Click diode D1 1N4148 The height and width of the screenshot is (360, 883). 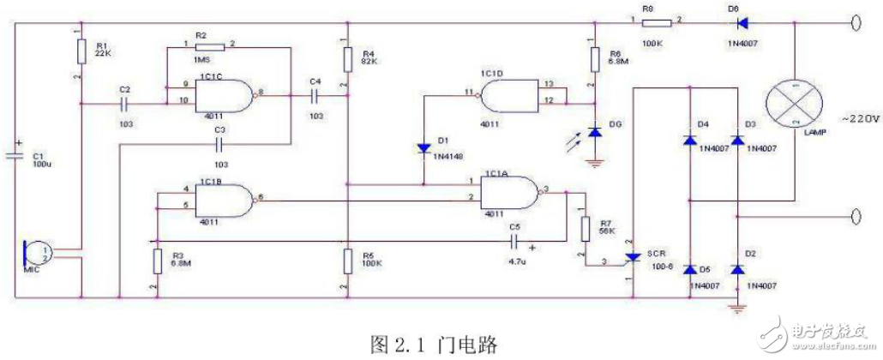pos(423,148)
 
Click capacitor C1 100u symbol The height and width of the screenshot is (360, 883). pos(15,154)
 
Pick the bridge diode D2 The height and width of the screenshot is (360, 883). pos(736,269)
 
